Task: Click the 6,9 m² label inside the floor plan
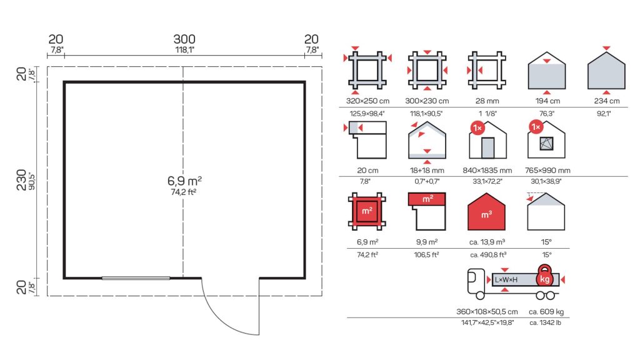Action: click(x=184, y=181)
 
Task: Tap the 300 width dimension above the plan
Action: click(x=184, y=39)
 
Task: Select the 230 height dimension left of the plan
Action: click(x=21, y=180)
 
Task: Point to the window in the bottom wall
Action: click(x=136, y=278)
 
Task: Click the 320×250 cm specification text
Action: click(x=367, y=101)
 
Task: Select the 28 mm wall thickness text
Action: click(x=487, y=101)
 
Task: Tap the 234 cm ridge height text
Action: click(x=606, y=101)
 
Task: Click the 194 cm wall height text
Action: click(x=547, y=101)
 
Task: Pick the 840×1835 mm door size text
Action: click(x=487, y=170)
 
